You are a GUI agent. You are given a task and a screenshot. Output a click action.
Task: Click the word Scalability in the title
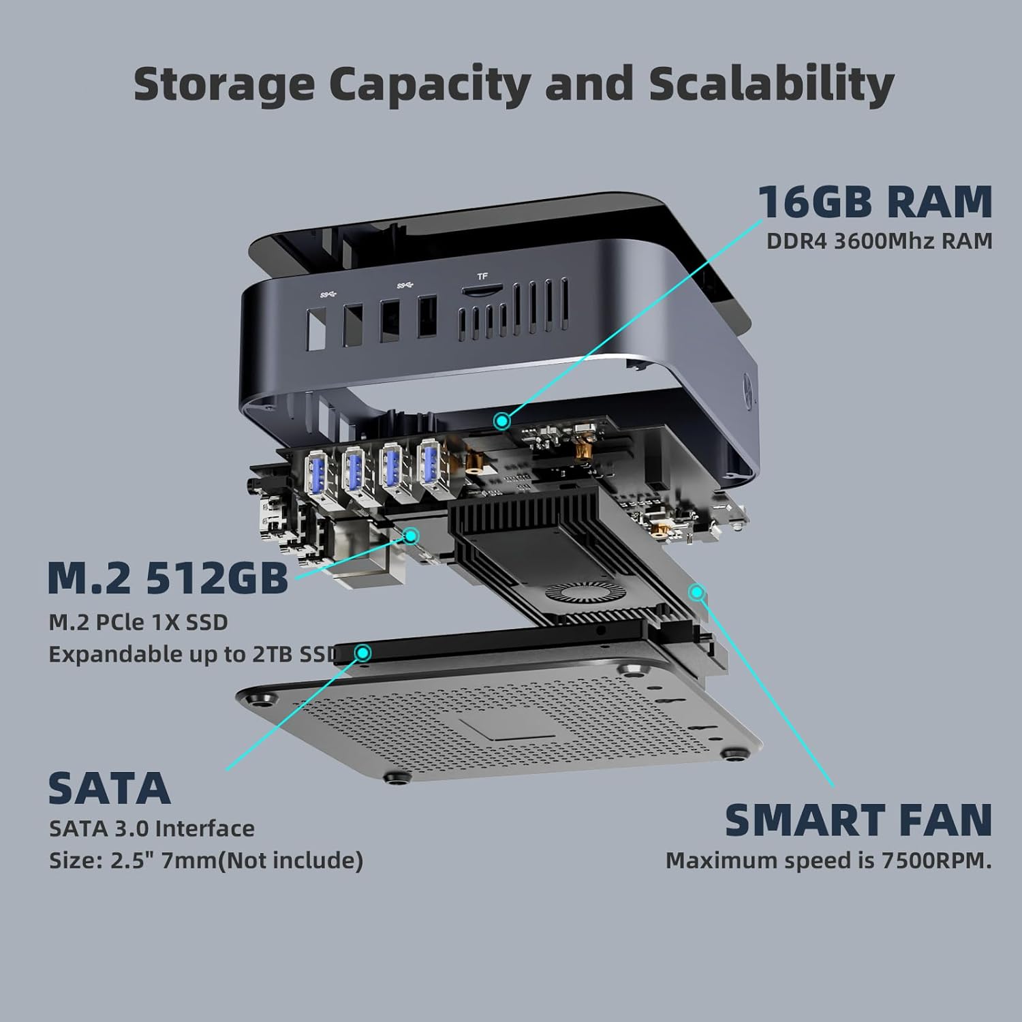pyautogui.click(x=771, y=84)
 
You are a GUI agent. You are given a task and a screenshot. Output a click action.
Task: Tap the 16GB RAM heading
pyautogui.click(x=876, y=202)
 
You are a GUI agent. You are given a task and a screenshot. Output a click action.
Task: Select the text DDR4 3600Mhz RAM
pyautogui.click(x=880, y=241)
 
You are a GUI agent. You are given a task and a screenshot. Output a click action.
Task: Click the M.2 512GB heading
pyautogui.click(x=168, y=578)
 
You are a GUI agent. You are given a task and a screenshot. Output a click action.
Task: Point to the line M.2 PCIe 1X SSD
pyautogui.click(x=138, y=622)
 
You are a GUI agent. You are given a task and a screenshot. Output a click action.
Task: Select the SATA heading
pyautogui.click(x=109, y=789)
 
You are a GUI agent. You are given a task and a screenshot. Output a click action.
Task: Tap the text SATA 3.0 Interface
pyautogui.click(x=152, y=829)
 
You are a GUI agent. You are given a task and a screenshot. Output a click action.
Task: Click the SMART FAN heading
pyautogui.click(x=858, y=820)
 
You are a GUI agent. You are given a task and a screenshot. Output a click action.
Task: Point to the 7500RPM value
pyautogui.click(x=937, y=861)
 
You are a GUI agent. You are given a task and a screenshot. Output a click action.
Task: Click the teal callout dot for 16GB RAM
pyautogui.click(x=502, y=421)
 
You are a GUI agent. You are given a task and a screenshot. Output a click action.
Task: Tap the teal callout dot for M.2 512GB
pyautogui.click(x=411, y=536)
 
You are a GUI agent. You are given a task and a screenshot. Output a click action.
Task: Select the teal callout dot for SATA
pyautogui.click(x=363, y=653)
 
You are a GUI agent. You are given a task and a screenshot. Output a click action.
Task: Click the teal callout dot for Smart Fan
pyautogui.click(x=696, y=592)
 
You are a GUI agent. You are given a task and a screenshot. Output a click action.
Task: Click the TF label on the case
pyautogui.click(x=482, y=277)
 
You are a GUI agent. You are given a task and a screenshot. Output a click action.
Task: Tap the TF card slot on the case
pyautogui.click(x=480, y=291)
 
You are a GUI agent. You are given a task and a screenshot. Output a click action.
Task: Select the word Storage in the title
pyautogui.click(x=224, y=85)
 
